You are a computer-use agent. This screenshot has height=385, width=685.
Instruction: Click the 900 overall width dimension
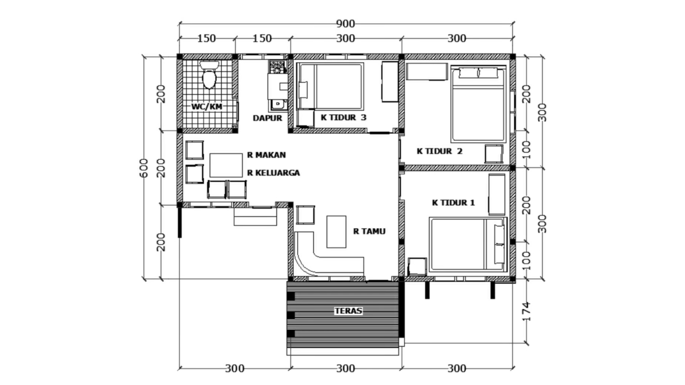346,23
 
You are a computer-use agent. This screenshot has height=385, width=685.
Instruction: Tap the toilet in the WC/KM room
209,76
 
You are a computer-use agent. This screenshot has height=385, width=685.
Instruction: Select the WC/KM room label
207,106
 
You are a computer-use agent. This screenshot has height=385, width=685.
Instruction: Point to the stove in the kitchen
277,67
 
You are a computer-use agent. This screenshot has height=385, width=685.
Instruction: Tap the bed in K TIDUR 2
478,104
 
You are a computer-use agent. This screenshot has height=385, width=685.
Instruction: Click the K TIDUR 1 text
453,202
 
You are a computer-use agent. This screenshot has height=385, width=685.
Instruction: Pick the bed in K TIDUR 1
468,244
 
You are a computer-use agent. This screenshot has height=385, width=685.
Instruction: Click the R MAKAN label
266,155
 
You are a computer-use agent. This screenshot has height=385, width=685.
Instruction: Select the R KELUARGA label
273,172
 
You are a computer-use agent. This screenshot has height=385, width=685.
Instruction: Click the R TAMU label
369,231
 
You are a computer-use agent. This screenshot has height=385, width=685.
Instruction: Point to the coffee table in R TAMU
336,231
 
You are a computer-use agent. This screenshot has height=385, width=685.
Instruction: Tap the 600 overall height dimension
144,168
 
